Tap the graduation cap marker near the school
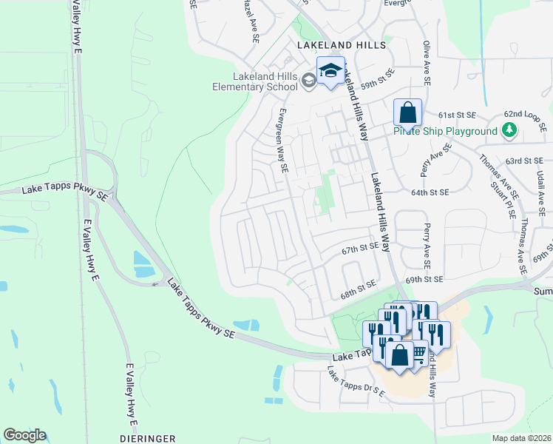330,73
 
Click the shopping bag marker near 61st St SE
407,113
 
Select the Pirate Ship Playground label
445,131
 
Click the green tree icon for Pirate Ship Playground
508,131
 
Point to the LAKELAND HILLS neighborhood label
342,45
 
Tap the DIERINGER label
147,438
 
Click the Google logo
24,435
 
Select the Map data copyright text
521,438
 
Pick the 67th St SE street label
360,251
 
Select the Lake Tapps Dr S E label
356,386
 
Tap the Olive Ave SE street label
427,57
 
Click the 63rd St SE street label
525,160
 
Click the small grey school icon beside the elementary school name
308,81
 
